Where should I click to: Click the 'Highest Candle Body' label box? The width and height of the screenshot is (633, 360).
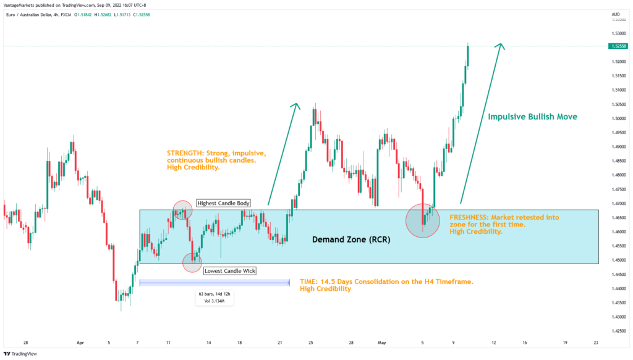coord(223,203)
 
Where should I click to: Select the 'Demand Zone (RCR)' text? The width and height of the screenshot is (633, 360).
coord(350,239)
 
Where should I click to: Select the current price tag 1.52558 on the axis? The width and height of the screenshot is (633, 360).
coord(618,46)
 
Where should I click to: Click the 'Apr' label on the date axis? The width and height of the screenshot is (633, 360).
coord(80,341)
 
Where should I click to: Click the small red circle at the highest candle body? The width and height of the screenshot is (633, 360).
coord(182,210)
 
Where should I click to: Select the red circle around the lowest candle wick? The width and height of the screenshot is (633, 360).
coord(192,262)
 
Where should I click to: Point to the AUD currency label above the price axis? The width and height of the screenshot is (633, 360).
coord(615,14)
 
